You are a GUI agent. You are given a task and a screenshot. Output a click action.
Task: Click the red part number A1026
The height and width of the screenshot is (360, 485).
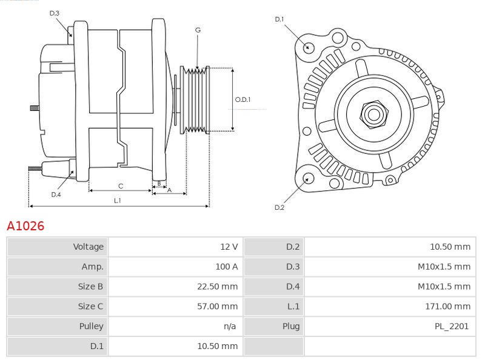[25, 226]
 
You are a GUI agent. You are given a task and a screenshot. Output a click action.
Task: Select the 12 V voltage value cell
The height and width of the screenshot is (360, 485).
[229, 247]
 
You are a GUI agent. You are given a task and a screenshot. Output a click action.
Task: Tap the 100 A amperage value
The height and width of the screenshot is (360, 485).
[226, 267]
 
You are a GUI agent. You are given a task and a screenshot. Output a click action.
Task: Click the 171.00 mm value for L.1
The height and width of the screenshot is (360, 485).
[447, 307]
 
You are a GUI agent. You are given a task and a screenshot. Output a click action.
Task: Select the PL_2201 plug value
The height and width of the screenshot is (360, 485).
[452, 327]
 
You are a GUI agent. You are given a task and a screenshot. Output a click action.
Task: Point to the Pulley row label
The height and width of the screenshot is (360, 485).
[92, 327]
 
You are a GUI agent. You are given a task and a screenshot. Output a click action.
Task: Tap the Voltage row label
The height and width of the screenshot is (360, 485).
[89, 247]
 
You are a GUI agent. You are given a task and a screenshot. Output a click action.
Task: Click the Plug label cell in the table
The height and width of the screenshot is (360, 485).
[290, 327]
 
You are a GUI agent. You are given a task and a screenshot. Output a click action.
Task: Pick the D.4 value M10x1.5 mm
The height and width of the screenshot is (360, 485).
[444, 287]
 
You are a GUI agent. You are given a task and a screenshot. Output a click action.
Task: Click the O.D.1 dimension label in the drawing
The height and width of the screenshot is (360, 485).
[242, 100]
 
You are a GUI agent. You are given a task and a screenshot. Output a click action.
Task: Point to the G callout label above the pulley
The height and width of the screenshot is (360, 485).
[198, 30]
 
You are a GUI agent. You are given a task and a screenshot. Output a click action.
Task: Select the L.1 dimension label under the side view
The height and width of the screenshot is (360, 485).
[118, 200]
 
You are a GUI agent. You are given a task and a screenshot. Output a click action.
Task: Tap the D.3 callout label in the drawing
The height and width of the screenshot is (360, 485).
[55, 13]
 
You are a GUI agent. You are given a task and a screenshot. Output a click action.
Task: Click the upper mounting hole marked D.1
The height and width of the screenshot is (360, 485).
[308, 47]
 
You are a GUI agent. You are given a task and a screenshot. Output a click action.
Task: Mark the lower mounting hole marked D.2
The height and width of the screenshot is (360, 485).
[308, 178]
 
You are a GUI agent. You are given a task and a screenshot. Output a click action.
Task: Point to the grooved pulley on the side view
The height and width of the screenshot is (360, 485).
[196, 100]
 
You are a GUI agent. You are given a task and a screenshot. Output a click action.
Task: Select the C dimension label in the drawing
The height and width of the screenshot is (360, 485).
[121, 185]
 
